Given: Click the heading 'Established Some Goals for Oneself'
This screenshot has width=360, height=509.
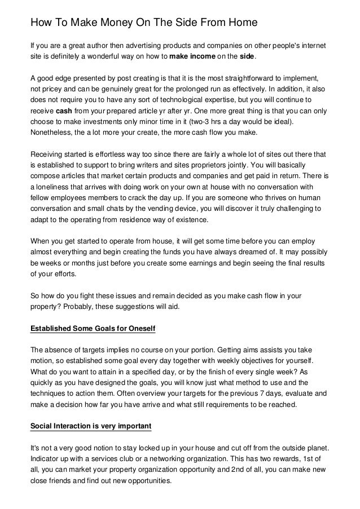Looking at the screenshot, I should click(93, 327).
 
